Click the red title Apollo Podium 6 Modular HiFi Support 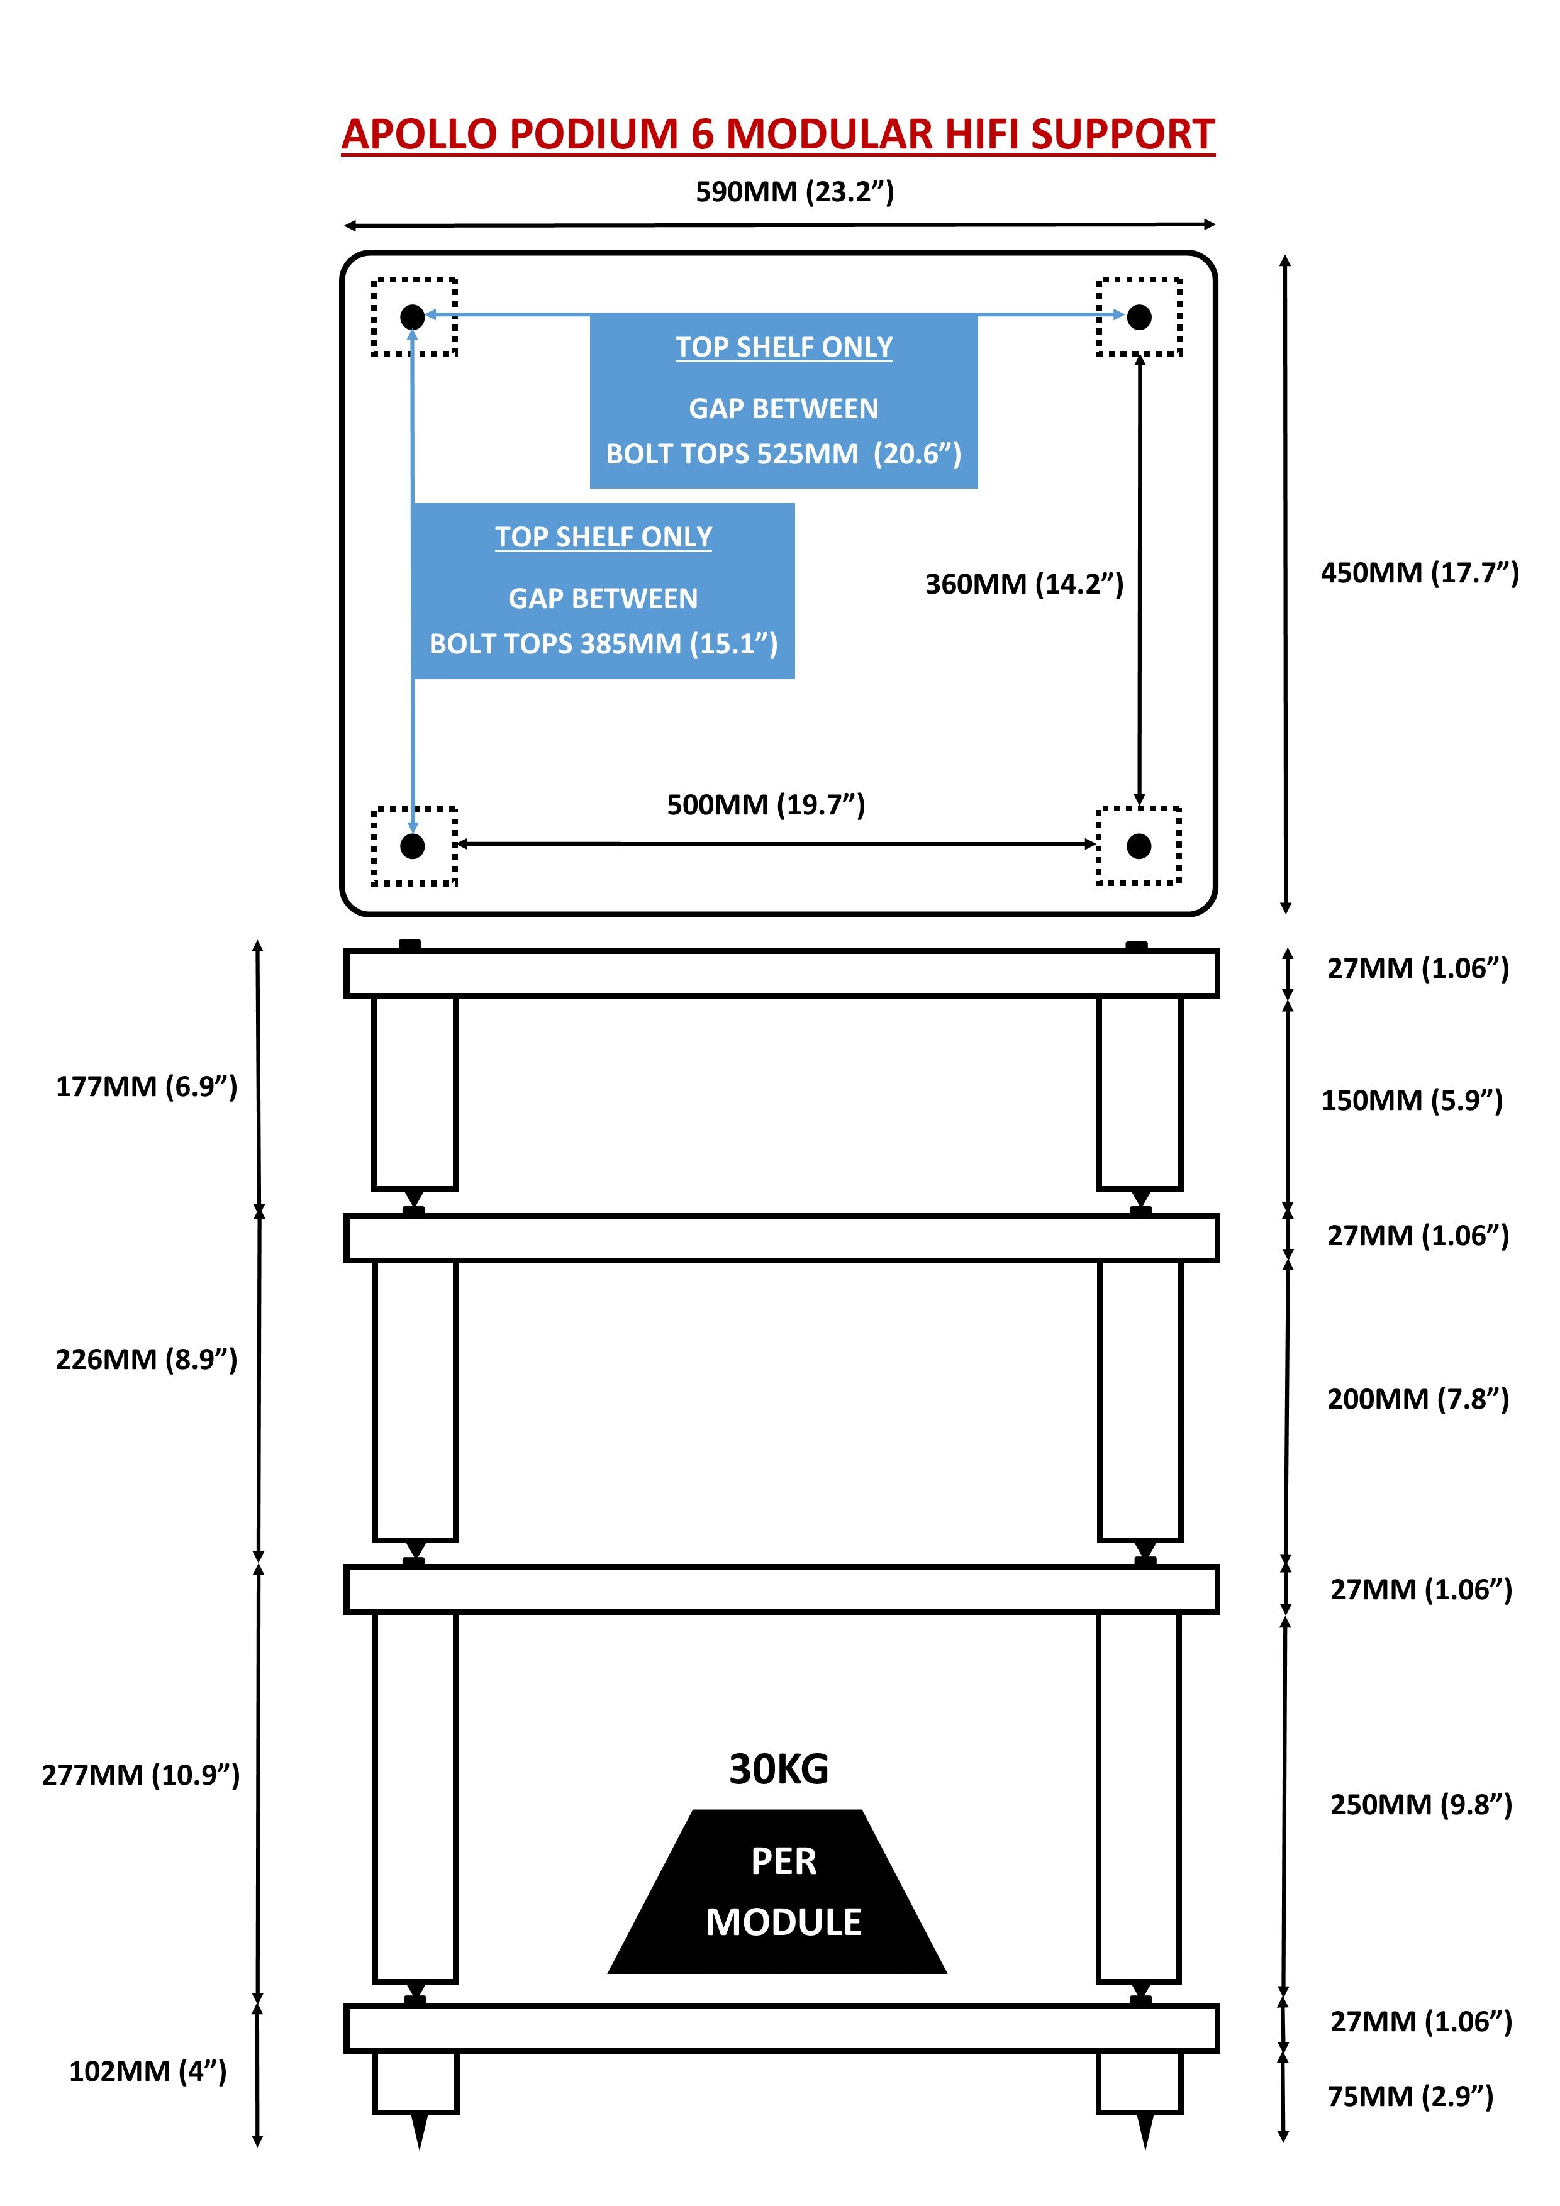(x=779, y=135)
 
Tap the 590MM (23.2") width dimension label (x=795, y=192)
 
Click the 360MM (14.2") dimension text (x=1023, y=584)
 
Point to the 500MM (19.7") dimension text (x=766, y=805)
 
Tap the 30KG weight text (x=779, y=1770)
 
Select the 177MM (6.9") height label (x=146, y=1087)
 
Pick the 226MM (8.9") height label (x=146, y=1360)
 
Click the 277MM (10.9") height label (x=140, y=1775)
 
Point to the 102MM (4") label (x=147, y=2071)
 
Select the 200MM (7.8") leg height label (x=1418, y=1399)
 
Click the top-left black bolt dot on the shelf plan (x=413, y=316)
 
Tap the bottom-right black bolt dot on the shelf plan (x=1139, y=846)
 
